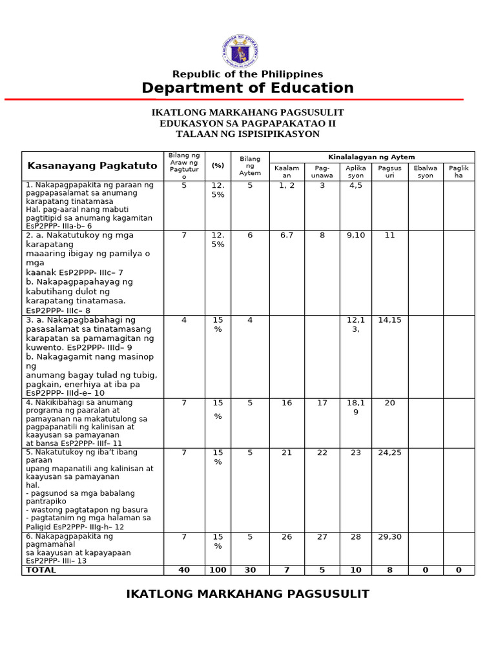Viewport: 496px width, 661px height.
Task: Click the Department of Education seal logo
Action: point(241,52)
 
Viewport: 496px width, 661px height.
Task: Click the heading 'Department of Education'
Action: point(247,88)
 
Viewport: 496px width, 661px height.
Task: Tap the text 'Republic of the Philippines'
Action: point(247,74)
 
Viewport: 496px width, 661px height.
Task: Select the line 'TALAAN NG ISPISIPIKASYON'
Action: point(247,134)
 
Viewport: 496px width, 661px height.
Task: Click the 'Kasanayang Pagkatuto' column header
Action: point(92,166)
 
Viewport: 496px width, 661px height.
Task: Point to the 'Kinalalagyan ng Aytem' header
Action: point(371,157)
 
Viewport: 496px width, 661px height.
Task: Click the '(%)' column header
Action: point(218,166)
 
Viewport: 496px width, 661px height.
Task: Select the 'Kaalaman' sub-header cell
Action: point(287,172)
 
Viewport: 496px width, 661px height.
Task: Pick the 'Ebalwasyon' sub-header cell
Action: point(425,172)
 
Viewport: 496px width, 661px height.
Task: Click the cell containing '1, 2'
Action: point(287,185)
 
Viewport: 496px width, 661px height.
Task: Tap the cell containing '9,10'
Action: point(356,236)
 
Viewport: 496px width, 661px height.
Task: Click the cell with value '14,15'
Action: point(390,320)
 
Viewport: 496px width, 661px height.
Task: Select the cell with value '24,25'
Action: point(390,453)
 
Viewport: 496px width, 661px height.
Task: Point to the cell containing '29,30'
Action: point(390,536)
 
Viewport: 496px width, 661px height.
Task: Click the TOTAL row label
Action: point(41,570)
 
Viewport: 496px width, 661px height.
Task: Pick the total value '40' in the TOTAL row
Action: point(184,570)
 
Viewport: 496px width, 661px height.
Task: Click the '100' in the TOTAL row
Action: point(218,570)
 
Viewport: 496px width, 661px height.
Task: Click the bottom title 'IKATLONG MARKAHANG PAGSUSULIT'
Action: point(247,594)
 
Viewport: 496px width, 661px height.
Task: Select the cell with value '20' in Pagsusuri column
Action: point(390,403)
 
